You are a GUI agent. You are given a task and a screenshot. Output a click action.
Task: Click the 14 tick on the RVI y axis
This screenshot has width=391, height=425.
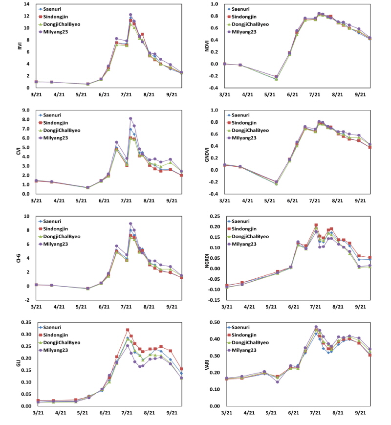(27, 4)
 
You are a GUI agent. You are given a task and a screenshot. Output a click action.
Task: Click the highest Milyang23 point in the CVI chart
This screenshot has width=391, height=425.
(130, 118)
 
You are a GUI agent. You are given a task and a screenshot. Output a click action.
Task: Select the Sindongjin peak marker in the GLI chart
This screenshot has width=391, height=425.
(128, 330)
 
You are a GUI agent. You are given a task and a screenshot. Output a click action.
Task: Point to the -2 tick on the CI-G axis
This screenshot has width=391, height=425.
(28, 300)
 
